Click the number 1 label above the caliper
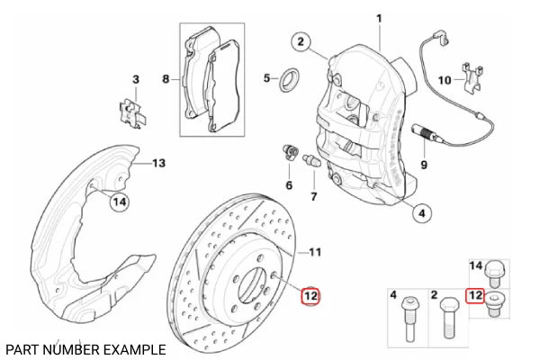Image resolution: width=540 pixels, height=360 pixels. point(379,18)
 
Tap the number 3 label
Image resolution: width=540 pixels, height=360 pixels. point(135,80)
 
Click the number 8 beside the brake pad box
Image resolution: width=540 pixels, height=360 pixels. point(166,79)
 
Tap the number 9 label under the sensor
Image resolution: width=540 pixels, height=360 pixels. point(425,166)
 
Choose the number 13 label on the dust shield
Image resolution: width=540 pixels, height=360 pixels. point(158,163)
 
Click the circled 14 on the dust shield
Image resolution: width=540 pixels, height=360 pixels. point(119,203)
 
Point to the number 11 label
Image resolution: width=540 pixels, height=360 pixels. point(316,251)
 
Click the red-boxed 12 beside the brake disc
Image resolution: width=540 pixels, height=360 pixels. point(310,294)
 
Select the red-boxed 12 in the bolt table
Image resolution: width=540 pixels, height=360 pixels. point(475,294)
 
